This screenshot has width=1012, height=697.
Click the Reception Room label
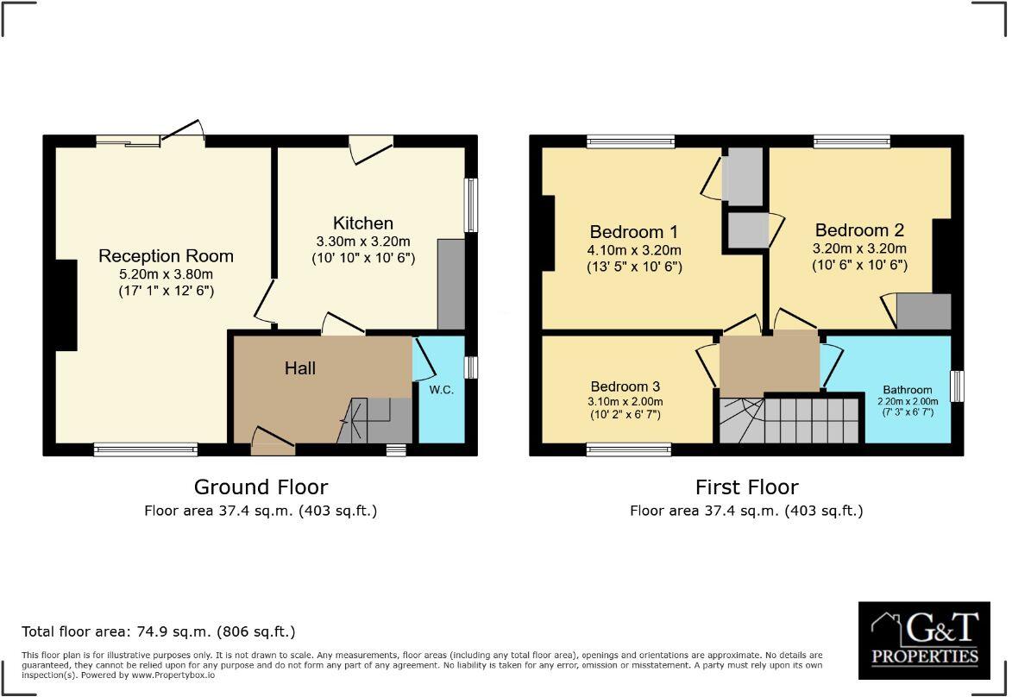coord(166,256)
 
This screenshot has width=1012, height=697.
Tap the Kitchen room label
coord(363,223)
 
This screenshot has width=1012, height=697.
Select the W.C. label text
coord(441,389)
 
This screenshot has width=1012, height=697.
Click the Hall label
coord(300,368)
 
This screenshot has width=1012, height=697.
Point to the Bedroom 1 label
coord(633,231)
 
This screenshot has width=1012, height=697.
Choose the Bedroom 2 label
coord(858,230)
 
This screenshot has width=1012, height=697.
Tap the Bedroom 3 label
coord(625,386)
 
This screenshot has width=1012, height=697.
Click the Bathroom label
coord(908,390)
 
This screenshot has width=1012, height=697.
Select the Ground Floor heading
coord(261,487)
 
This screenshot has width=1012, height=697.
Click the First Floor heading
coord(746,487)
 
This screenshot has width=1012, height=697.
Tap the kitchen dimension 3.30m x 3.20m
coord(363,242)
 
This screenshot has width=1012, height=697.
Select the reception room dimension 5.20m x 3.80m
coord(166,274)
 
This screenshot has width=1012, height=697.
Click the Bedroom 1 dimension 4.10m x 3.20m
coord(633,250)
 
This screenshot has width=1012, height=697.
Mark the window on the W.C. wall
coord(470,367)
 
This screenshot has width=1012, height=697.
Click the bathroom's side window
coord(957,386)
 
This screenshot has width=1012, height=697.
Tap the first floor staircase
coord(789,419)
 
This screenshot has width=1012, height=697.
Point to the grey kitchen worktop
coord(451,284)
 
